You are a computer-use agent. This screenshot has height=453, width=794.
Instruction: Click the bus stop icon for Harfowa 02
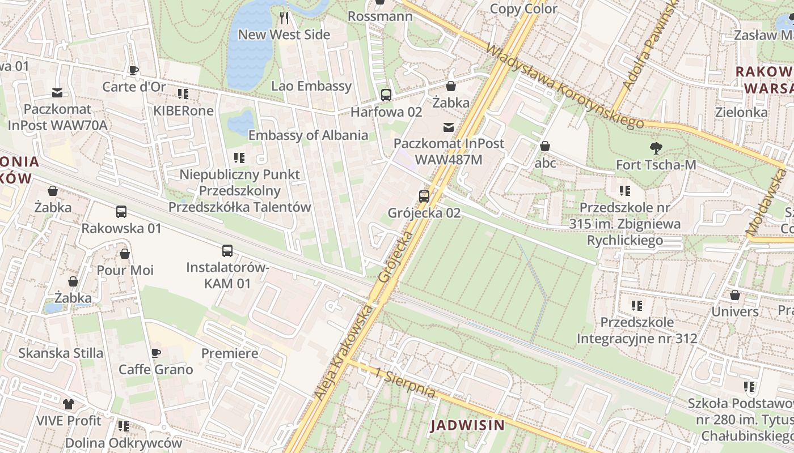(386, 95)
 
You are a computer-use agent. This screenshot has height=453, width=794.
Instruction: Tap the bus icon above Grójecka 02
(424, 196)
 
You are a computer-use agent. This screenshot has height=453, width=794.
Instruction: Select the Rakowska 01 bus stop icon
(121, 212)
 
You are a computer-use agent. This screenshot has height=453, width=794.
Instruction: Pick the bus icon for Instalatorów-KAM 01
(227, 250)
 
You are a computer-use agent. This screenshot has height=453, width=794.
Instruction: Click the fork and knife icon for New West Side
(284, 18)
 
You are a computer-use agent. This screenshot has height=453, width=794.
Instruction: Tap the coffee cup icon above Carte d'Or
(134, 70)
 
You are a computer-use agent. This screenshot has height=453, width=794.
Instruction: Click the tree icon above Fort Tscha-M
(656, 148)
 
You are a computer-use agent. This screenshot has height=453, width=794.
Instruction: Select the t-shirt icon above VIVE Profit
(69, 404)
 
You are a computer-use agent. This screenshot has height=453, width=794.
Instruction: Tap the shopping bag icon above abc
(545, 147)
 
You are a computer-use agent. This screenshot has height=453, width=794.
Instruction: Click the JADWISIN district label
(467, 425)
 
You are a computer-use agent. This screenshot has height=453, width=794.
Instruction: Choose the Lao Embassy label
(311, 86)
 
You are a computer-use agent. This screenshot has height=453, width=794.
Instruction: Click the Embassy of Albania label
(308, 135)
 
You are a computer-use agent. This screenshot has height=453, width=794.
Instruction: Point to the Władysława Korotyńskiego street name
(564, 87)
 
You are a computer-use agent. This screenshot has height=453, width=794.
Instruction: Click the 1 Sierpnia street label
(405, 382)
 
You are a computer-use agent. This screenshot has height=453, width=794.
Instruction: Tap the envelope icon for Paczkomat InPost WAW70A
(57, 93)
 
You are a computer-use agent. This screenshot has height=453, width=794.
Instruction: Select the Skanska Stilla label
(61, 353)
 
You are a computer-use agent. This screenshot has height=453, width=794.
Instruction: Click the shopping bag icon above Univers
(735, 296)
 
